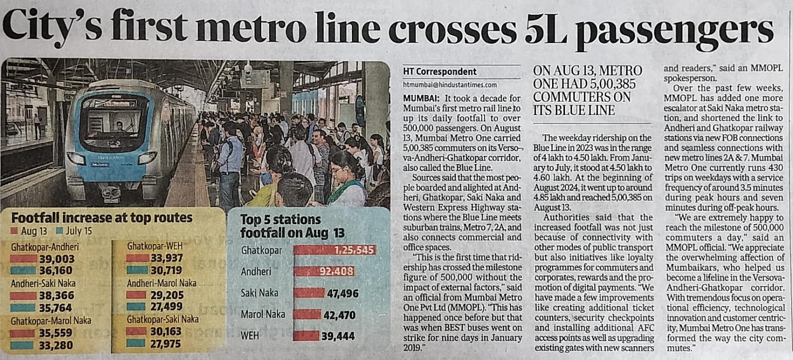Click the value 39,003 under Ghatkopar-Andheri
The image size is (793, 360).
(57, 259)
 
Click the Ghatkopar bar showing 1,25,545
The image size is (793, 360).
(335, 250)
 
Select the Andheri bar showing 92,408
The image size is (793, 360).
(325, 271)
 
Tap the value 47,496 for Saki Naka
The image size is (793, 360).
(342, 294)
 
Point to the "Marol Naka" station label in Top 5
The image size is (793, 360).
(263, 314)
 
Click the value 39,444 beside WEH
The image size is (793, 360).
(339, 336)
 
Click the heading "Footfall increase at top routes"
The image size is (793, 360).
(102, 218)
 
